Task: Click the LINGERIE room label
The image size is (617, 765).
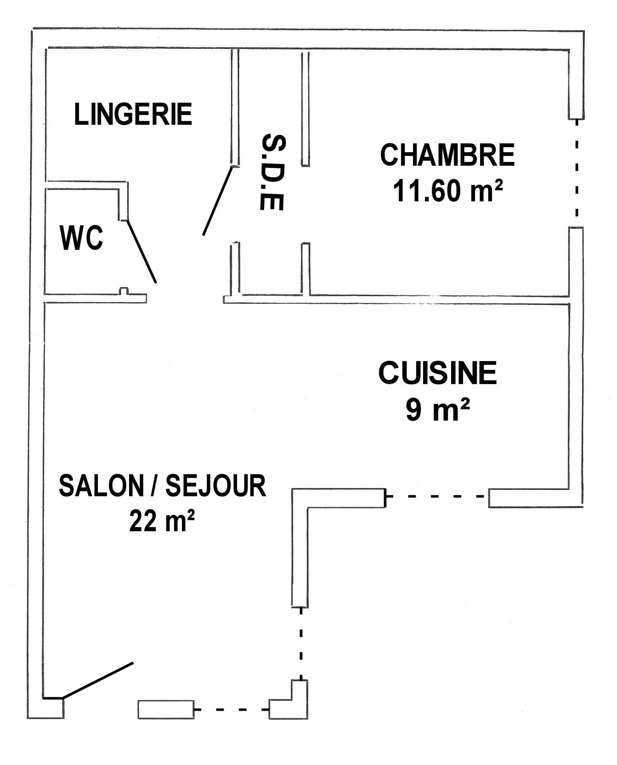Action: (133, 114)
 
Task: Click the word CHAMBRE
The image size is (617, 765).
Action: (447, 155)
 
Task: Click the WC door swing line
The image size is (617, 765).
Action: (141, 251)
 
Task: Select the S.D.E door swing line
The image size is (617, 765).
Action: (218, 200)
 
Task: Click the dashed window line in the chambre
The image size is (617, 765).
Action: (577, 168)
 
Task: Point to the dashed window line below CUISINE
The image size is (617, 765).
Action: (437, 496)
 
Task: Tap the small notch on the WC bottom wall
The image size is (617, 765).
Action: (123, 291)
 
